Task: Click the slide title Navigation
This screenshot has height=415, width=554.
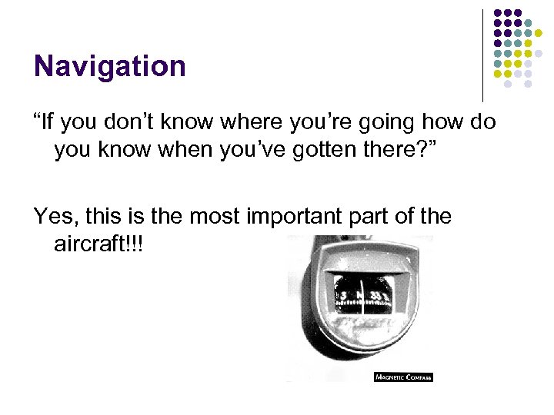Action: coord(109,66)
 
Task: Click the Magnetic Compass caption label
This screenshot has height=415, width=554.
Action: coord(403,377)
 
